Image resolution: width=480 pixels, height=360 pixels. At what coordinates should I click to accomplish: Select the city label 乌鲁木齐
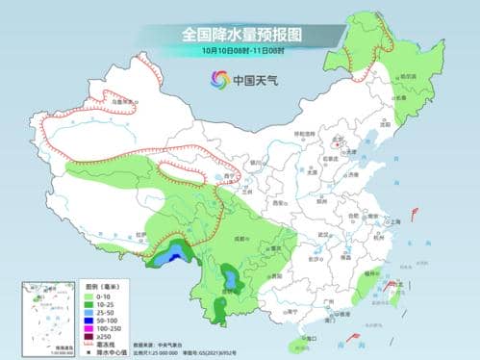119,101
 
